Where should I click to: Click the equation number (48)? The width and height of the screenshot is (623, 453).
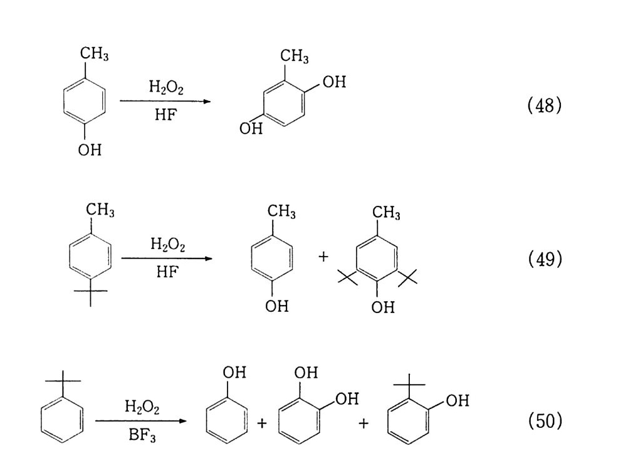[545, 105]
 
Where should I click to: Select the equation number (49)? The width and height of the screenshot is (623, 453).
[545, 258]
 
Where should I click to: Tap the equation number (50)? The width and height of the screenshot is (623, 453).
[545, 421]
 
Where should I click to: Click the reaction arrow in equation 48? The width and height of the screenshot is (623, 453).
[165, 101]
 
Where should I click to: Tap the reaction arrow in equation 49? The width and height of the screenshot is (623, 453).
[167, 258]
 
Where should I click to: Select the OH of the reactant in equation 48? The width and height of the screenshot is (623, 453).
[90, 151]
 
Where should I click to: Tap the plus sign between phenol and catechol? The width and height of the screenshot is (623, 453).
[261, 424]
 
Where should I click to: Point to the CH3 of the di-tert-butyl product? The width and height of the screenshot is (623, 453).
[386, 213]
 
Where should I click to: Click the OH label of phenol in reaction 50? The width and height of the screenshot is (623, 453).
[234, 373]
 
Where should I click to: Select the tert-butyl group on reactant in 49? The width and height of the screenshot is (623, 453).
[90, 293]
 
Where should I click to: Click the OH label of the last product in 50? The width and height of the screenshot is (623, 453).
[457, 400]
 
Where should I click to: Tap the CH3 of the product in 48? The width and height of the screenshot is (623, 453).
[295, 56]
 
